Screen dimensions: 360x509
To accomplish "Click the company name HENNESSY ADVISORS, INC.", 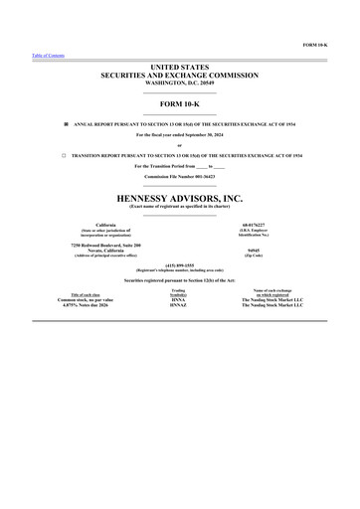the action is click(x=179, y=199).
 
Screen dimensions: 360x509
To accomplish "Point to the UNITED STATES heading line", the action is click(x=179, y=66).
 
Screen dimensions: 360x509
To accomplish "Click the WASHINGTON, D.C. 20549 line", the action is click(x=179, y=82).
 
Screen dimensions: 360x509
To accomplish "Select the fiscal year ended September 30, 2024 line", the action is click(x=179, y=134).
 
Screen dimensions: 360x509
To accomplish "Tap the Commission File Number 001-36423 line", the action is click(x=179, y=176).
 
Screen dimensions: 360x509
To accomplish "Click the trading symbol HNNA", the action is click(x=179, y=299).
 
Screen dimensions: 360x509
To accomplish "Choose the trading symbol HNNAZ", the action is click(x=179, y=305).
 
